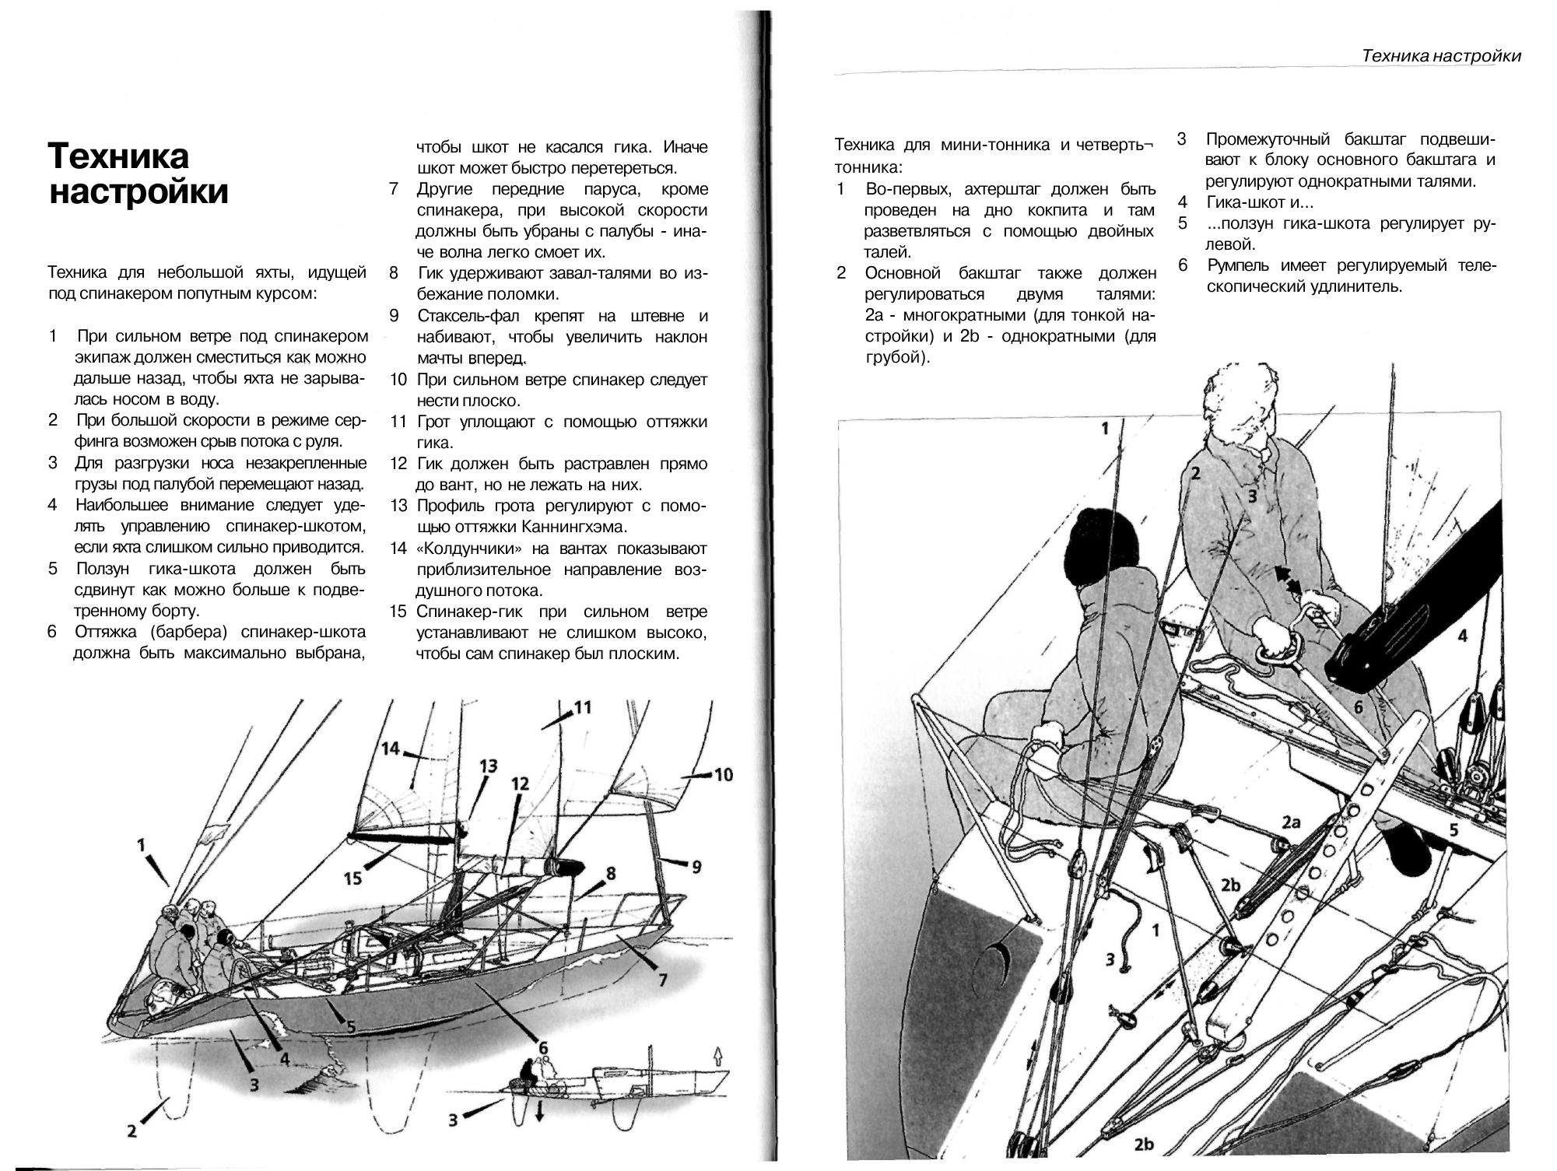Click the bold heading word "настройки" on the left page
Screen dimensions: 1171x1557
pyautogui.click(x=139, y=191)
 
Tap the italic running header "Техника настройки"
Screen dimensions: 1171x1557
pyautogui.click(x=1441, y=56)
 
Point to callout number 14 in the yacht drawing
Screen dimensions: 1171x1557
pyautogui.click(x=391, y=749)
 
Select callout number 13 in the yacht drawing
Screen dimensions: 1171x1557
pyautogui.click(x=488, y=766)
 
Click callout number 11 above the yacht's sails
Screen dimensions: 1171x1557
pyautogui.click(x=582, y=707)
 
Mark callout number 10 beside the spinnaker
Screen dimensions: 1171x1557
pyautogui.click(x=723, y=774)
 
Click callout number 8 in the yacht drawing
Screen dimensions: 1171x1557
pyautogui.click(x=611, y=873)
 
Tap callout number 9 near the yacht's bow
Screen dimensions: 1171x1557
pyautogui.click(x=696, y=865)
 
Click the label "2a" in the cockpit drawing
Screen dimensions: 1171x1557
pyautogui.click(x=1291, y=822)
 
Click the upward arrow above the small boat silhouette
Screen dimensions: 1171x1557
pyautogui.click(x=717, y=1055)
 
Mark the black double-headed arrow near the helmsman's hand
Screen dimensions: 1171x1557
pyautogui.click(x=1288, y=582)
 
